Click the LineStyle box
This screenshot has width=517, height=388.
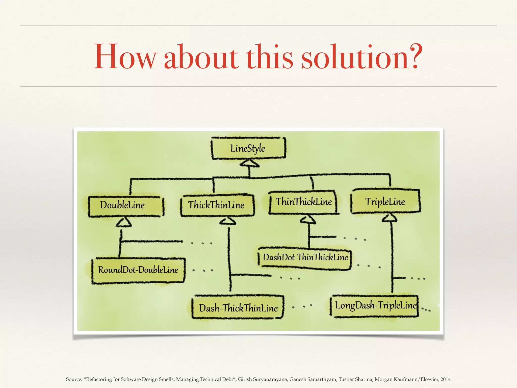tap(248, 148)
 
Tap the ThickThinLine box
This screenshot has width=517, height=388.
tap(217, 205)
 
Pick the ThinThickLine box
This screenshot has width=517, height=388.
tap(303, 202)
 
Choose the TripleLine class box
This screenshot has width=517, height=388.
tap(385, 202)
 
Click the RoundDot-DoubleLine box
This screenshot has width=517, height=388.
tap(138, 270)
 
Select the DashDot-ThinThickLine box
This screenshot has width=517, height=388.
tap(305, 257)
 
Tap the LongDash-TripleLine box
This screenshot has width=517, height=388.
tap(375, 306)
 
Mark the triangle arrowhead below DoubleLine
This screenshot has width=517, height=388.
tap(124, 222)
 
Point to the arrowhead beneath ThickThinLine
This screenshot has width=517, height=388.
tap(228, 221)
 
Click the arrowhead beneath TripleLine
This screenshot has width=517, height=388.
tap(390, 218)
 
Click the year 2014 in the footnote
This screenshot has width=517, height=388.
tap(446, 379)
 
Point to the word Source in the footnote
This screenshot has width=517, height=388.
tap(74, 379)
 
